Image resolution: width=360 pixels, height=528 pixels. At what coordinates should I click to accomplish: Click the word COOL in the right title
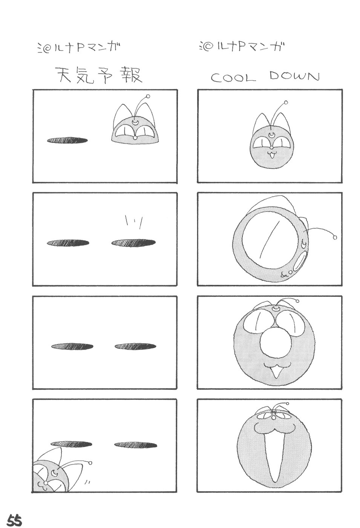point(233,78)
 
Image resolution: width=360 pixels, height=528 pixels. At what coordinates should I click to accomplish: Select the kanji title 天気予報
point(98,75)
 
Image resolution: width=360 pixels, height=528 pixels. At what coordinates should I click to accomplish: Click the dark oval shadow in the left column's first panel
point(67,141)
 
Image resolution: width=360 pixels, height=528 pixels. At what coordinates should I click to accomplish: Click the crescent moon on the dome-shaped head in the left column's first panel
point(135,122)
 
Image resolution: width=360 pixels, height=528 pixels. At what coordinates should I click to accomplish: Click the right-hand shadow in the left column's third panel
point(135,346)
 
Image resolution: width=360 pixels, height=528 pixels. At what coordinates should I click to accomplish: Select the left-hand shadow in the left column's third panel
point(72,346)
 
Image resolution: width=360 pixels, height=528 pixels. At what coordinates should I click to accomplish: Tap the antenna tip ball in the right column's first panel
point(286,102)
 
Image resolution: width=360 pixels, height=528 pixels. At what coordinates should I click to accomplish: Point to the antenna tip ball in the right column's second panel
point(335,238)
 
